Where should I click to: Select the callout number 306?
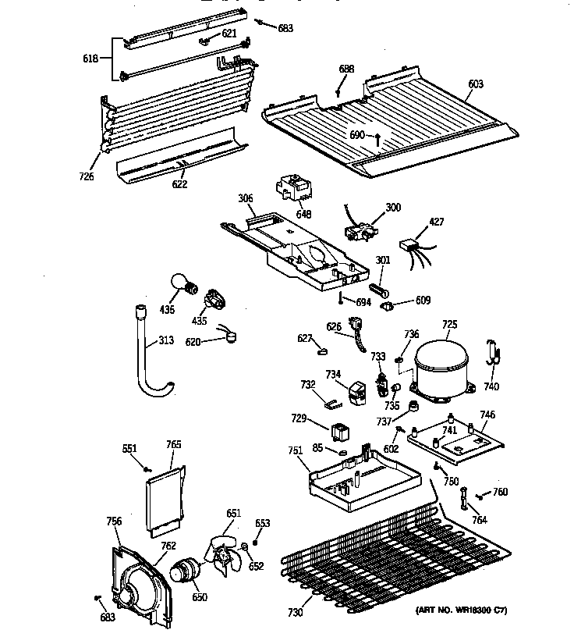(x=245, y=200)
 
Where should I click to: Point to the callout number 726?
(x=86, y=176)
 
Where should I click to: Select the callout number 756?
(x=114, y=521)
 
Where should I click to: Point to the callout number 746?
(x=487, y=415)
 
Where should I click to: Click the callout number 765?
(x=174, y=444)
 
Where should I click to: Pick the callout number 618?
(x=92, y=59)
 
